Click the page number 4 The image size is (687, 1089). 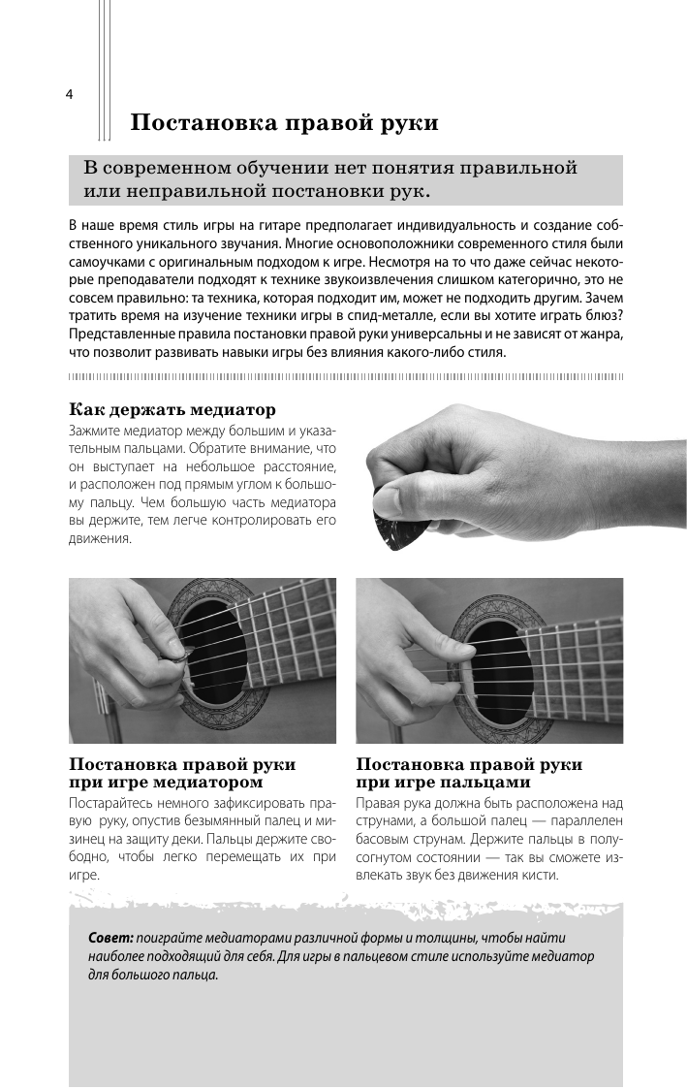(x=69, y=94)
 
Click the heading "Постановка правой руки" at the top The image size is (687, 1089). (x=285, y=123)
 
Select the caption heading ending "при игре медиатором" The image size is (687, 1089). (x=166, y=782)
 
